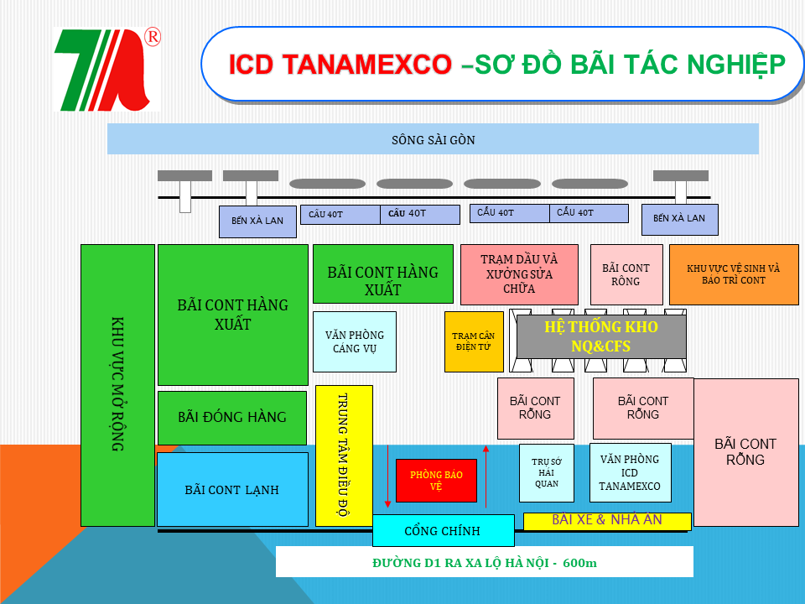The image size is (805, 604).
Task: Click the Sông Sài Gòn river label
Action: pos(433,139)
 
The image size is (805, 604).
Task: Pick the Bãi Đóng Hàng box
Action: pos(232,417)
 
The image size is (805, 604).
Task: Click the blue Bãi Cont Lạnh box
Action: pos(232,490)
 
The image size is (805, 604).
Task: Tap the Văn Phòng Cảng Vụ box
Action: pos(354,341)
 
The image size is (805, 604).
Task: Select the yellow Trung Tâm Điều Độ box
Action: pos(344,456)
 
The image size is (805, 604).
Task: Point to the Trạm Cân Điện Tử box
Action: pos(473,341)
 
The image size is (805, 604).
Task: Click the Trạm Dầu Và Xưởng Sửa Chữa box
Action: pos(519,273)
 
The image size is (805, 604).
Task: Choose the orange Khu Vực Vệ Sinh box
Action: pos(733,273)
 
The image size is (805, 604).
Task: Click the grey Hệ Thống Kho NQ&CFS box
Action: pos(600,336)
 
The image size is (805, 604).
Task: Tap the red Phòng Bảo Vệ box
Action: pos(436,481)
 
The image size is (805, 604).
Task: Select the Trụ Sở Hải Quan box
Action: pos(546,472)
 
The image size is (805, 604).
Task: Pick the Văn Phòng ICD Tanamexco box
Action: pos(630,472)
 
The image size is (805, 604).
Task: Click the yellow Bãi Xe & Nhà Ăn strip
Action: pos(606,521)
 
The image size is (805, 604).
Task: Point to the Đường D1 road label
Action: pos(484,562)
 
